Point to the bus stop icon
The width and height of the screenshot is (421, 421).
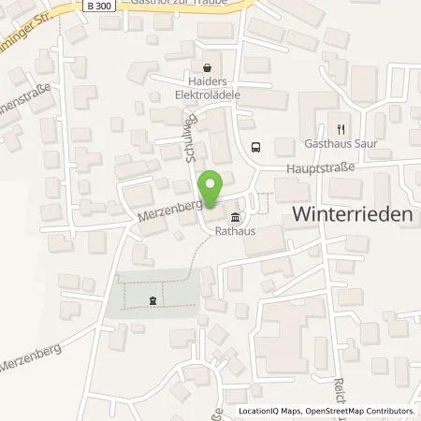point(255,145)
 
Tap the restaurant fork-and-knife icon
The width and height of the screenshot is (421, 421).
point(341,129)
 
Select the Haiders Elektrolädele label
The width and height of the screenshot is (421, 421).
point(208,89)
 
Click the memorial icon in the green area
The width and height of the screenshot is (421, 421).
point(152,299)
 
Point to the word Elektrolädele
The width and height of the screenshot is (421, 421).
point(208,94)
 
